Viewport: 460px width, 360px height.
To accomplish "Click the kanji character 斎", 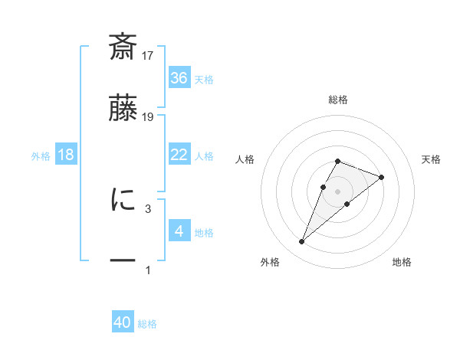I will [x=123, y=47].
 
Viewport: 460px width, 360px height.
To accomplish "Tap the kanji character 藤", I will [x=123, y=109].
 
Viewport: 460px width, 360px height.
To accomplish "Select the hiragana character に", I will [x=123, y=200].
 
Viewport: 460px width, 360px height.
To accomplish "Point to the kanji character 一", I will [x=123, y=261].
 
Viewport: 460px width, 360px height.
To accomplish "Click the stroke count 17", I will [x=149, y=55].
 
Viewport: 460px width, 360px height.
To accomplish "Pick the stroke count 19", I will [x=149, y=116].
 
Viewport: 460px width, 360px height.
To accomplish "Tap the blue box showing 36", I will [x=179, y=77].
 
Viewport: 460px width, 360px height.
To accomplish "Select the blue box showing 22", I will [x=179, y=154].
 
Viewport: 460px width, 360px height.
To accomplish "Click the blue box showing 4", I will [x=179, y=231].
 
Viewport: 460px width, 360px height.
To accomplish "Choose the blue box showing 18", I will [x=66, y=154].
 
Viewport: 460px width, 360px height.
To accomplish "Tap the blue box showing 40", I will [x=123, y=322].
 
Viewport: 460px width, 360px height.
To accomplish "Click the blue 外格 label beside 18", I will [x=41, y=155].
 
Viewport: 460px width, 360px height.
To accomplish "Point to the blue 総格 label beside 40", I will [x=147, y=324].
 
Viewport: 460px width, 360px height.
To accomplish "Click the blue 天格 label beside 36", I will [x=204, y=79].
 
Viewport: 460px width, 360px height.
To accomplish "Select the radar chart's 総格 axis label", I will [x=337, y=100].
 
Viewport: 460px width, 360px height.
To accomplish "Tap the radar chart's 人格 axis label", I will [x=245, y=159].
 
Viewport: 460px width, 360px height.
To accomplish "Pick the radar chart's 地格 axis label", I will [x=402, y=262].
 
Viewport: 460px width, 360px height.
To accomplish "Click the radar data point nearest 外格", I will [x=302, y=242].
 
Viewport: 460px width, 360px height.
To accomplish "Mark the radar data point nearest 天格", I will [x=381, y=177].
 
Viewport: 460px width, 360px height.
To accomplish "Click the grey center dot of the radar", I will [x=337, y=191].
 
